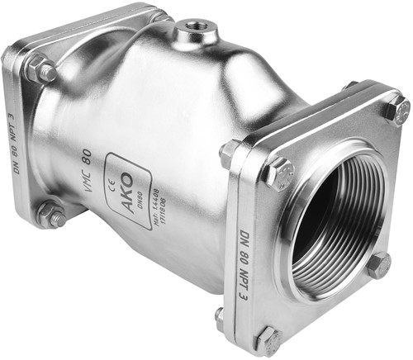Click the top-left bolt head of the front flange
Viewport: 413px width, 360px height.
coord(279,174)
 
